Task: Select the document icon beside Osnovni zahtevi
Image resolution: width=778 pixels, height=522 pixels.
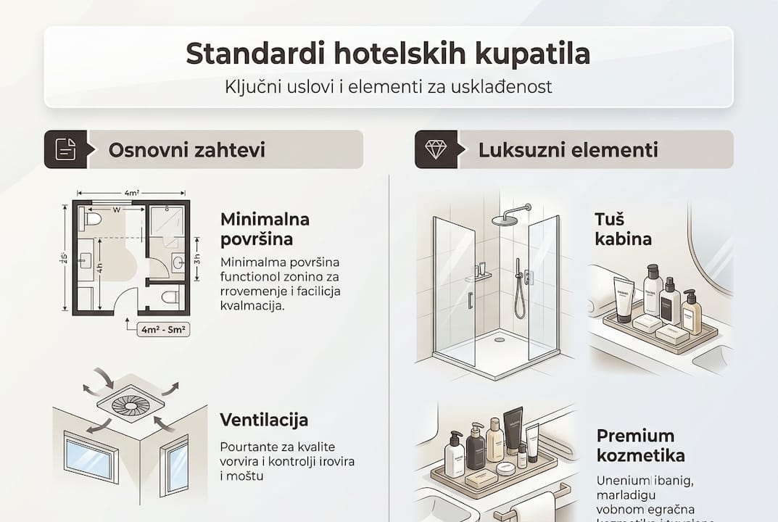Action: click(x=65, y=149)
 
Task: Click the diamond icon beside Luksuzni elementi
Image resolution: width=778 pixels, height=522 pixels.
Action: click(x=436, y=149)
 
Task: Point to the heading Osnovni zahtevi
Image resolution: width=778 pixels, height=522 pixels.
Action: click(x=186, y=150)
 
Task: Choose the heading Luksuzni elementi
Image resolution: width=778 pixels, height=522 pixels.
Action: click(x=568, y=150)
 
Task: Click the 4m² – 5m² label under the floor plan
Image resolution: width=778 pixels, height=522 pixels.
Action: click(x=163, y=329)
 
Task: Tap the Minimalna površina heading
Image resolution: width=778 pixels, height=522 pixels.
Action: click(x=265, y=228)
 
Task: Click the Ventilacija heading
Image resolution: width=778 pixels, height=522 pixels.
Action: click(x=264, y=420)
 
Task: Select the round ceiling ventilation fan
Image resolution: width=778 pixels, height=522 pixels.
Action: click(x=131, y=405)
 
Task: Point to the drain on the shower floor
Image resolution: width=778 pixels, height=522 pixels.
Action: click(x=499, y=339)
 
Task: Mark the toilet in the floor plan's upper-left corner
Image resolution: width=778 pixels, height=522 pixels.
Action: click(x=93, y=217)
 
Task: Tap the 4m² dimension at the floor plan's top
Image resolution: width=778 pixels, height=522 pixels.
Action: click(x=131, y=193)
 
